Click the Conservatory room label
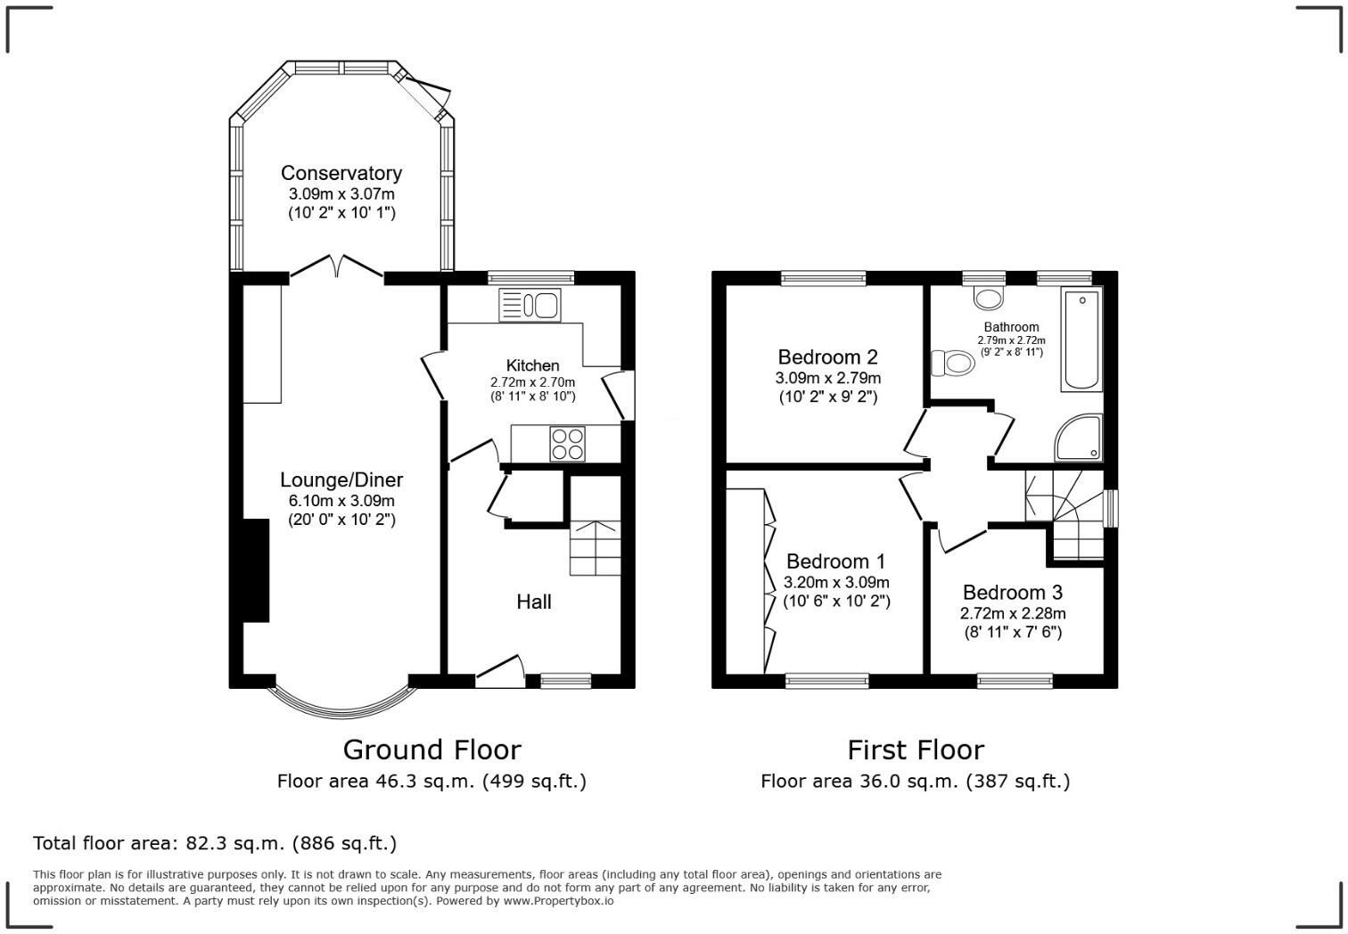[341, 173]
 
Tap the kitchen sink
[530, 306]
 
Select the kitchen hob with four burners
[568, 444]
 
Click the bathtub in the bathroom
[1081, 339]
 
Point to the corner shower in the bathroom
[1079, 438]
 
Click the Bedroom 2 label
[827, 357]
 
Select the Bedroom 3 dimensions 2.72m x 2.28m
[1012, 613]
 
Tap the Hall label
[533, 602]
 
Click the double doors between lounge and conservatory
[337, 266]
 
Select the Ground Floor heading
[432, 750]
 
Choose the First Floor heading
[915, 750]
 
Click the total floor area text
[214, 843]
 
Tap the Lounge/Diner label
[341, 479]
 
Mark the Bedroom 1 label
[835, 561]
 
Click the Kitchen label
[532, 365]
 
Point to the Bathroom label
[1011, 327]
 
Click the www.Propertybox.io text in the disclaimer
[558, 901]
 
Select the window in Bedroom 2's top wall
[824, 278]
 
